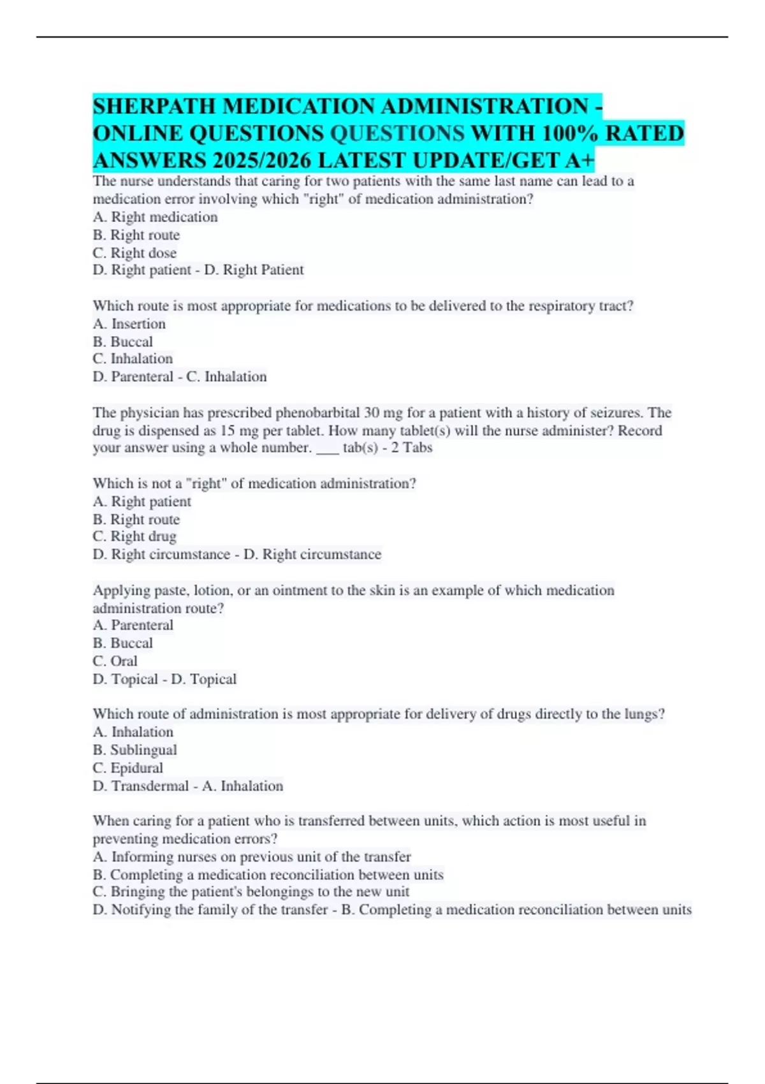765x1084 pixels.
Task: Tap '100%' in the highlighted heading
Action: pos(569,133)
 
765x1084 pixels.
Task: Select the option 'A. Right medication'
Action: pos(155,217)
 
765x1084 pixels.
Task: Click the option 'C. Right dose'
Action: pos(135,253)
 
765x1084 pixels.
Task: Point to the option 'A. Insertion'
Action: pos(129,324)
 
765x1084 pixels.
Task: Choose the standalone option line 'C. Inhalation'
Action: pos(133,359)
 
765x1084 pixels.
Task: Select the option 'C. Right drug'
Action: pos(135,537)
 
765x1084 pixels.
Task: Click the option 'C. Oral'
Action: pos(115,661)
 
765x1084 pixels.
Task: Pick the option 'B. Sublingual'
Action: pos(135,750)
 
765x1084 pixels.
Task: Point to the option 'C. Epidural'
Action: pos(127,768)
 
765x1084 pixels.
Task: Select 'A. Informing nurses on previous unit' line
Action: pos(251,857)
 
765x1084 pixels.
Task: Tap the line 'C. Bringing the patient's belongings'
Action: pos(251,892)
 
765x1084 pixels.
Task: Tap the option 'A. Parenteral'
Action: pos(133,626)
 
